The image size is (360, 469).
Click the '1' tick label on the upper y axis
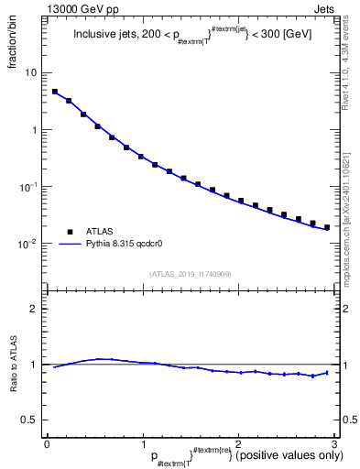coord(34,130)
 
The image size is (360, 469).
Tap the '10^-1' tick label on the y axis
coord(28,187)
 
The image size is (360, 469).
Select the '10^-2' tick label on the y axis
coord(28,244)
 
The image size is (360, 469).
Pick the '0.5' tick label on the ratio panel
coord(30,420)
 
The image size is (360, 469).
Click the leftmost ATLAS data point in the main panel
coord(55,92)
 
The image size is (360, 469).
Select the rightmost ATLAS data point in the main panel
coord(327,227)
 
